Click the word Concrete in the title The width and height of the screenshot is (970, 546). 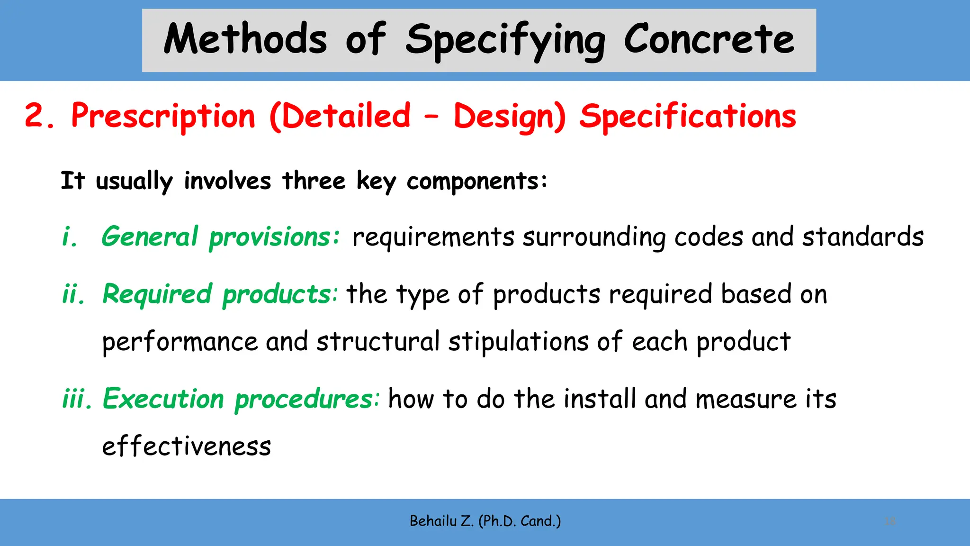[709, 39]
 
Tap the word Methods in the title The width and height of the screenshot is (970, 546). [245, 39]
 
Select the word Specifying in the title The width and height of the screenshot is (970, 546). [505, 41]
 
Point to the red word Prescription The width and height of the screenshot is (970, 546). [163, 117]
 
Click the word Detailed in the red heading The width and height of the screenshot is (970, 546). [347, 116]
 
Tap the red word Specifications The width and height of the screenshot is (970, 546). [688, 117]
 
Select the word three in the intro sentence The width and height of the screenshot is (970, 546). [314, 181]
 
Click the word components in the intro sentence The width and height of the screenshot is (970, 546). [476, 182]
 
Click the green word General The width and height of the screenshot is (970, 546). [150, 237]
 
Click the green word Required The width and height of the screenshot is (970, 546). [157, 294]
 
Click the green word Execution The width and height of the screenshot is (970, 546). [163, 399]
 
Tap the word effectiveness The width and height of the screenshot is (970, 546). [187, 446]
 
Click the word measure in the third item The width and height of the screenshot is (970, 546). [746, 399]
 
